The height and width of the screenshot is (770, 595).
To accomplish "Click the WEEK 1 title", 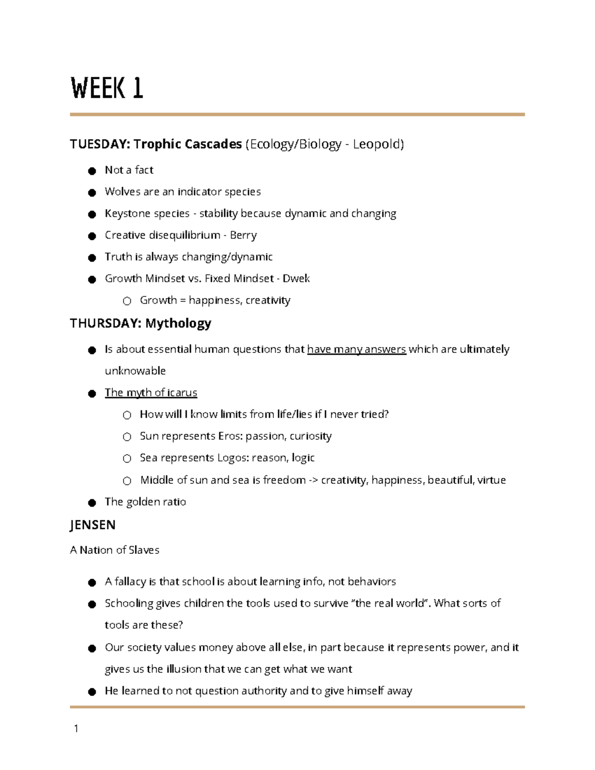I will point(107,88).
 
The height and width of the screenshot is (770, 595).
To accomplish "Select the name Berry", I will point(243,236).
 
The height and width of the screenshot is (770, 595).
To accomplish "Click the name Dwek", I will point(296,279).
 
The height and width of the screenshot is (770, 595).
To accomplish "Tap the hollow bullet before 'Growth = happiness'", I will point(127,301).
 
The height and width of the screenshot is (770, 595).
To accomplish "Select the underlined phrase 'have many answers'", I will point(357,350).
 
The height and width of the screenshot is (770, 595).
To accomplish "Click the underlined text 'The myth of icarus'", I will point(151,393).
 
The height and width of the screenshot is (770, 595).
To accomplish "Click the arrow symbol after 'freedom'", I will point(313,480).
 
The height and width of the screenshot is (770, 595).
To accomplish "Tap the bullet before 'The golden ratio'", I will point(92,503).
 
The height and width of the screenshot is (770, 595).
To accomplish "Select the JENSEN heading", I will point(93,525).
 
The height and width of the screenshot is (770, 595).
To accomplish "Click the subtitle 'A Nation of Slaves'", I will point(115,550).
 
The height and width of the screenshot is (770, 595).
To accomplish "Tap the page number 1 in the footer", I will point(76,728).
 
